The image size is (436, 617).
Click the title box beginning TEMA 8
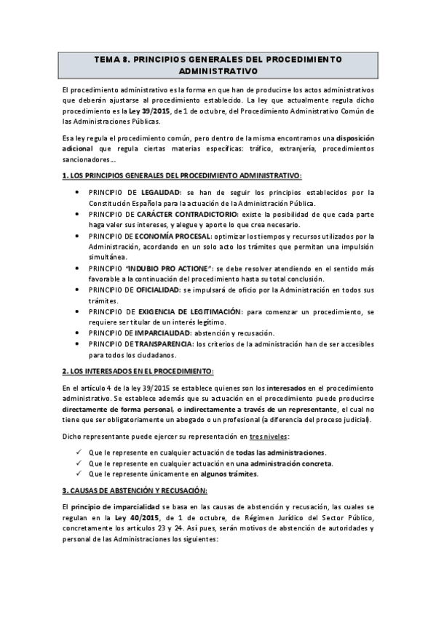218,65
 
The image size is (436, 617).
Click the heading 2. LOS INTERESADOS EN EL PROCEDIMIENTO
138,371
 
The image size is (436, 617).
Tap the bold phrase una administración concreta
283,463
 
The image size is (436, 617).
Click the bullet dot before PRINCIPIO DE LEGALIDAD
79,192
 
